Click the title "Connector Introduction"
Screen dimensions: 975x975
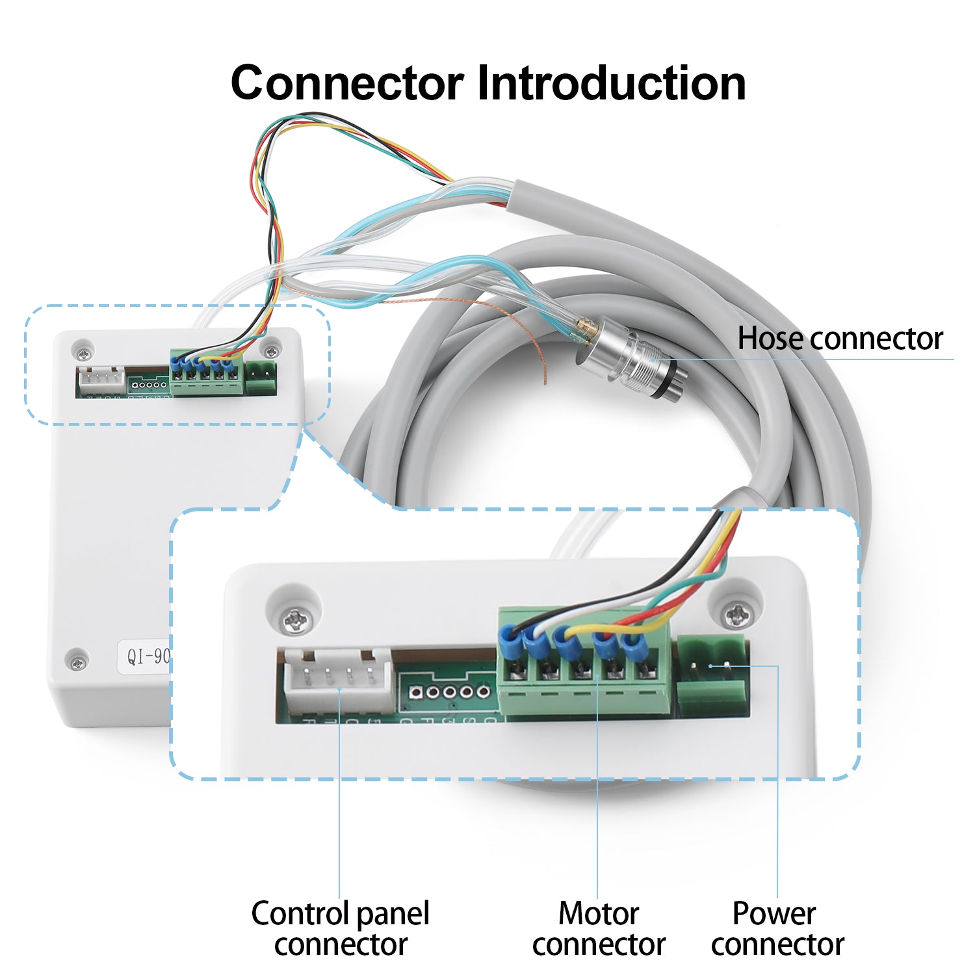click(x=487, y=83)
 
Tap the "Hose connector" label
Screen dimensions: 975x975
click(x=839, y=339)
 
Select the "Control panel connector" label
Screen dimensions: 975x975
click(x=340, y=928)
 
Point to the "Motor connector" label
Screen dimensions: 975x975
click(x=599, y=928)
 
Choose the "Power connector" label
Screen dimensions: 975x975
click(x=777, y=928)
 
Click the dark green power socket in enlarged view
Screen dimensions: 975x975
click(x=712, y=676)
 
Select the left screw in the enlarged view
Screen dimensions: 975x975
click(x=294, y=621)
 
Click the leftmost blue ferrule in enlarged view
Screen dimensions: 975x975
click(x=509, y=639)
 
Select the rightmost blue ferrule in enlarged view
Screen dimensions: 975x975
click(x=630, y=643)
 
